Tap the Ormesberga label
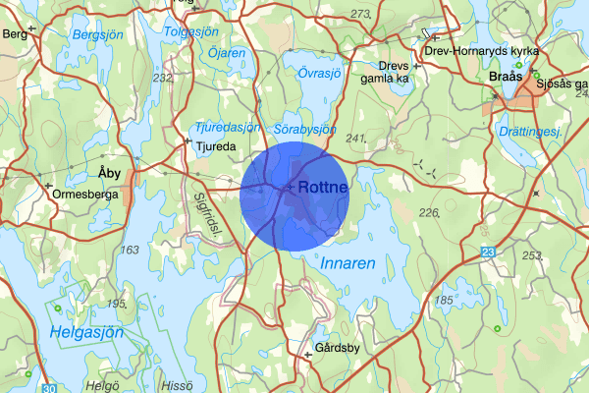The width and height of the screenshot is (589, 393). coord(85,194)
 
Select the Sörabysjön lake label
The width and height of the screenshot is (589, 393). coord(305,128)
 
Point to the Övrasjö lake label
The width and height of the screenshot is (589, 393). coord(318,71)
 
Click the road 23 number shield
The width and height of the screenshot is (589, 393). coord(488,253)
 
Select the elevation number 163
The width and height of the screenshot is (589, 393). coord(129,250)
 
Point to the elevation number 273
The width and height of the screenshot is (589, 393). coord(360,14)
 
